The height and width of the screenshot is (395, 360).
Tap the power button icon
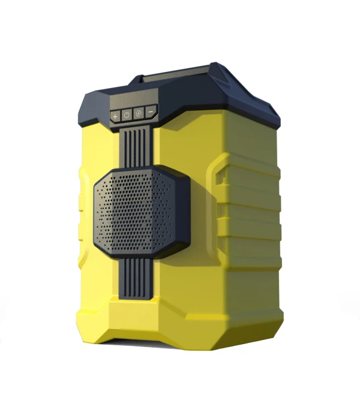(x=127, y=114)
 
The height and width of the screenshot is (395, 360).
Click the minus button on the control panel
(x=150, y=111)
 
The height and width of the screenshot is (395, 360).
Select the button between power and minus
(x=139, y=113)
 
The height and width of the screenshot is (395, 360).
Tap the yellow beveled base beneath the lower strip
(x=138, y=324)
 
